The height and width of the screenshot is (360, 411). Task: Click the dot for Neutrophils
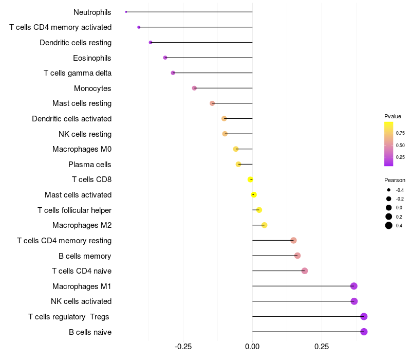point(126,12)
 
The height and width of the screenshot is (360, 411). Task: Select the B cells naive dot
point(364,332)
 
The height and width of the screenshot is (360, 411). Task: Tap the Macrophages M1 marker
point(354,286)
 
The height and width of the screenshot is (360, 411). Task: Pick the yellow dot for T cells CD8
point(250,179)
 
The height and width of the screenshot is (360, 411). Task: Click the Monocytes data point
point(194,88)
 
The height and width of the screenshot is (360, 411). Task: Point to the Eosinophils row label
point(92,58)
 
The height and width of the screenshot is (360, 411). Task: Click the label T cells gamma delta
point(78,73)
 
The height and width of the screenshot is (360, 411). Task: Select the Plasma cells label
point(89,165)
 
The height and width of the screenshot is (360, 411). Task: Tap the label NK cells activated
point(81,301)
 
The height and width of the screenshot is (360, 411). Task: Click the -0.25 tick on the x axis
point(183,347)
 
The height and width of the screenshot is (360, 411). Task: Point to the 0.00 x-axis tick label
point(252,347)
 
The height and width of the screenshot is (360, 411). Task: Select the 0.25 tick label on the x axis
point(322,347)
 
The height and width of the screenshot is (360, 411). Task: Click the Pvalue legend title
point(393,116)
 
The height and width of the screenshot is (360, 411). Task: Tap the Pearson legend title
point(395,181)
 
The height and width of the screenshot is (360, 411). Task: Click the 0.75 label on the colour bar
point(400,133)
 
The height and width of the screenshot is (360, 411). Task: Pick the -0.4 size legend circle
point(388,190)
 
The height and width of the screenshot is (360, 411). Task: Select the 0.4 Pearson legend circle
point(388,225)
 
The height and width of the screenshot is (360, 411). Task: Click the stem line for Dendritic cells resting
point(201,42)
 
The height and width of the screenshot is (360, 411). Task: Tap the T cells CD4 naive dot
point(304,271)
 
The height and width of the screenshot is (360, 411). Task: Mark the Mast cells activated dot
point(253,195)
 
